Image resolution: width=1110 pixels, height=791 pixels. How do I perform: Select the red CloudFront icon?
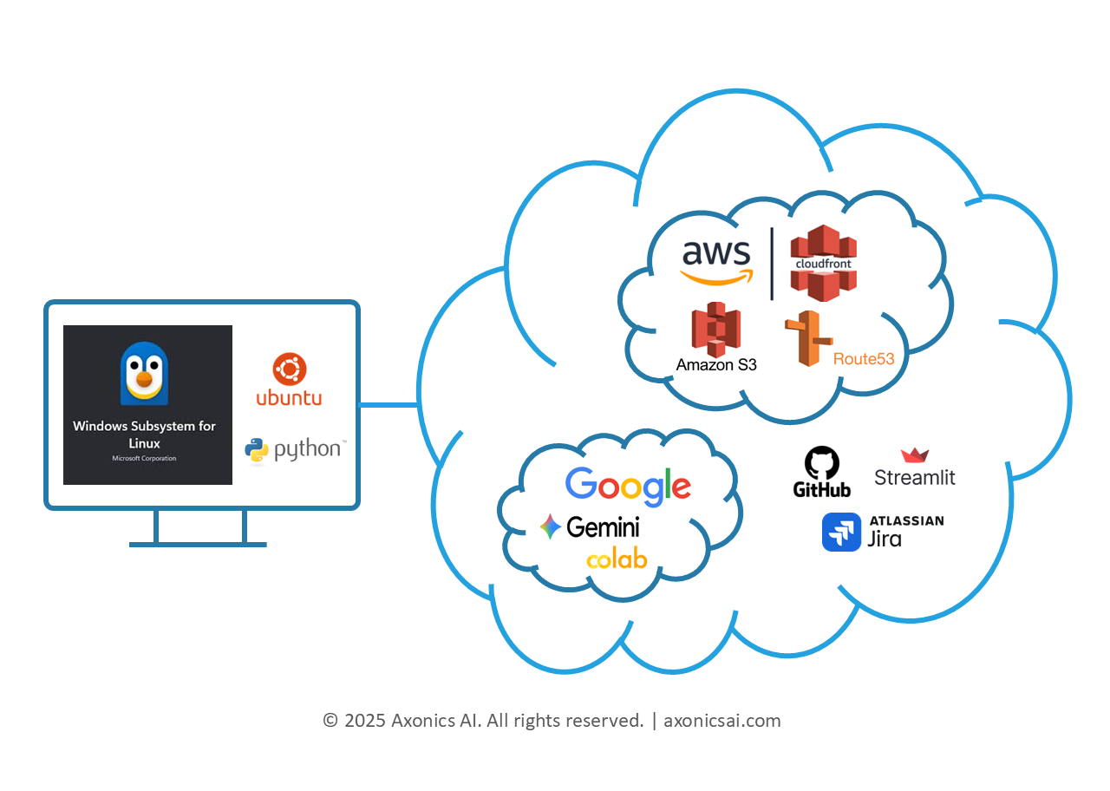pos(822,263)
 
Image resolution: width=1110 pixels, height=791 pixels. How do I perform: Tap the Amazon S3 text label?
pos(716,365)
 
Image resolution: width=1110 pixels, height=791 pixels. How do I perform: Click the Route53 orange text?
pos(864,358)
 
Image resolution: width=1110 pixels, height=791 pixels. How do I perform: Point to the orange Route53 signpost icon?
pos(806,338)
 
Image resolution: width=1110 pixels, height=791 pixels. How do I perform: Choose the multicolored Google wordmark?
pos(628,487)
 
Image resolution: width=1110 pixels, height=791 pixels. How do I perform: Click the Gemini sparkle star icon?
pos(550,526)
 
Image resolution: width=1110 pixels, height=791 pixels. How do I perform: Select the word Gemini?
pos(603,526)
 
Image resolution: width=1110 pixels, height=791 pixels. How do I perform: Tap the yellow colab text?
pos(617,559)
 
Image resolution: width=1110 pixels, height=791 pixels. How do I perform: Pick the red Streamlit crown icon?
pos(915,455)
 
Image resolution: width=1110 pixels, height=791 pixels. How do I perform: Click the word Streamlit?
pos(914,477)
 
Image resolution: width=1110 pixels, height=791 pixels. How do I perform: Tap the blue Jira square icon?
pos(841,532)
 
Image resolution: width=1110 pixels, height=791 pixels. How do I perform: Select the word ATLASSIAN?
pos(906,520)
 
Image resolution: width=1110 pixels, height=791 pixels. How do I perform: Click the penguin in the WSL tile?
pos(144,373)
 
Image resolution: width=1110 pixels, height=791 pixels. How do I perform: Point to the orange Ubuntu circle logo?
pos(289,369)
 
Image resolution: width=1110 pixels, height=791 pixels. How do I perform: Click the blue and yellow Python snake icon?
pos(257,451)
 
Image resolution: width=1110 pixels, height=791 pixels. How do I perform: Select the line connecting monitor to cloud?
pos(388,404)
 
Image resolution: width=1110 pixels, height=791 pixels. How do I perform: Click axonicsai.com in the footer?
pos(721,720)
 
